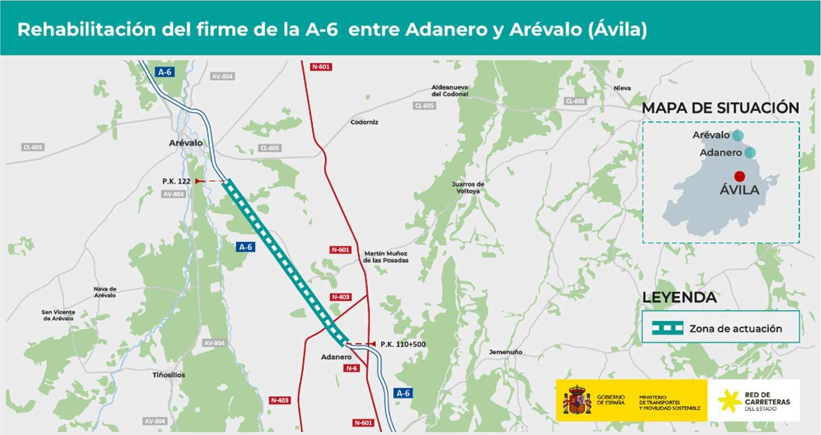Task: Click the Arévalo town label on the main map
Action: tap(185, 143)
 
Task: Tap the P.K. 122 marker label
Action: tap(176, 181)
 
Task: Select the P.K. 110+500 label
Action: tap(403, 344)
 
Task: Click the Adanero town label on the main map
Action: tap(336, 357)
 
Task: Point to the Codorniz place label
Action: tap(364, 122)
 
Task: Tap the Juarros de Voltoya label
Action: tap(467, 187)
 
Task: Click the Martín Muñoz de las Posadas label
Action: tap(386, 256)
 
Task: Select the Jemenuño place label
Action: tap(505, 352)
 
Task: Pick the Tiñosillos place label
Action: tap(168, 375)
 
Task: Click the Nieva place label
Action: tap(622, 88)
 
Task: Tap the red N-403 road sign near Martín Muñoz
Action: tap(341, 297)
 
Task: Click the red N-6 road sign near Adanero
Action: tap(351, 368)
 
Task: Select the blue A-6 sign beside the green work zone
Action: tap(245, 247)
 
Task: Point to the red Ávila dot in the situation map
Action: tap(739, 177)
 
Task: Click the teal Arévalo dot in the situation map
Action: tap(737, 135)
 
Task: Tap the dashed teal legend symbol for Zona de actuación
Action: tap(667, 328)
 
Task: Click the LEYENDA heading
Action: tap(679, 298)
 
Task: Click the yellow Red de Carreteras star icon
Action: tap(728, 401)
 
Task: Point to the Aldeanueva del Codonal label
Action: tap(449, 90)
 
